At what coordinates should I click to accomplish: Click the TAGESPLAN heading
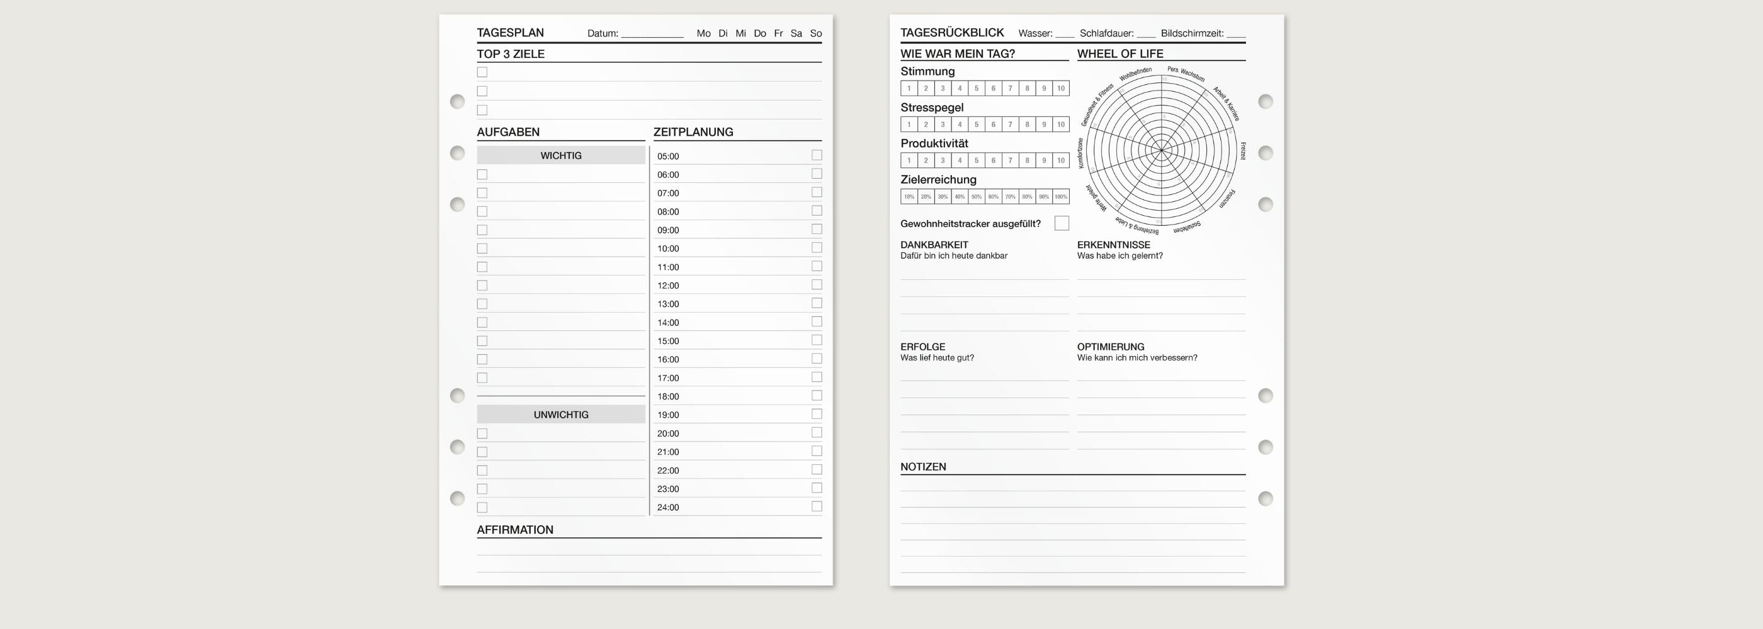[x=510, y=33]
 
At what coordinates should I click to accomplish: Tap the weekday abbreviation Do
[x=760, y=33]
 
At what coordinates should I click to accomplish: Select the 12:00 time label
[x=668, y=286]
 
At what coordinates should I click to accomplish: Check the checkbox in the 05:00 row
[x=817, y=155]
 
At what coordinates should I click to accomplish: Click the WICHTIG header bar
[x=560, y=155]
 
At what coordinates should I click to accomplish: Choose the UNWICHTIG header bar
[x=560, y=415]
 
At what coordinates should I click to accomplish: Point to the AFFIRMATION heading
[x=514, y=530]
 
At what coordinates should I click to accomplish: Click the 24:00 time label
[x=668, y=508]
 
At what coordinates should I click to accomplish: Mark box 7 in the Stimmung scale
[x=1010, y=88]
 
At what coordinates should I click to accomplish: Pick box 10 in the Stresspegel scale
[x=1061, y=125]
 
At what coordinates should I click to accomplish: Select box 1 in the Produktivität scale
[x=909, y=160]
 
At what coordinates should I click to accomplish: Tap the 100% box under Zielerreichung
[x=1061, y=197]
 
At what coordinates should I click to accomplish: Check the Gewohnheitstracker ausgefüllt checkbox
[x=1062, y=223]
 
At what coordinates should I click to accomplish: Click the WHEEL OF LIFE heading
[x=1120, y=53]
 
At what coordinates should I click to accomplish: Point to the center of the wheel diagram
[x=1162, y=150]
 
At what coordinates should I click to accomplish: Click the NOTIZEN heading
[x=923, y=467]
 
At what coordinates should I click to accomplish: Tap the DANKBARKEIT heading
[x=934, y=245]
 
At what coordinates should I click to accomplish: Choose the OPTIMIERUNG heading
[x=1110, y=347]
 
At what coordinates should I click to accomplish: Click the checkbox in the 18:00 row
[x=817, y=395]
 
